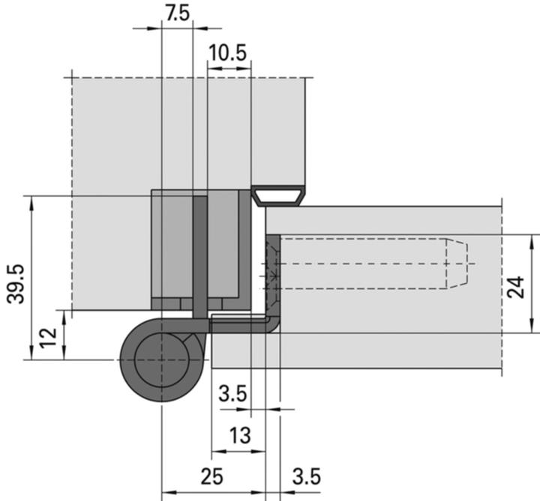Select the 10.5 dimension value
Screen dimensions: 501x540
228,53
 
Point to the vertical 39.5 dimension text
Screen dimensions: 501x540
16,283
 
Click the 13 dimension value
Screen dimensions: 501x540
238,435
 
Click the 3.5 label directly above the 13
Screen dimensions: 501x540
232,393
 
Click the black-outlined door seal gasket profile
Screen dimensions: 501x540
277,196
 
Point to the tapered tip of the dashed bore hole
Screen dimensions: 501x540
461,264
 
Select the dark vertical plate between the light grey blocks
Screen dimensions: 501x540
200,255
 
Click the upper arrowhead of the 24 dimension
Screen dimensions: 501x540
531,239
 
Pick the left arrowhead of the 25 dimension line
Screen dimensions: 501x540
166,492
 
